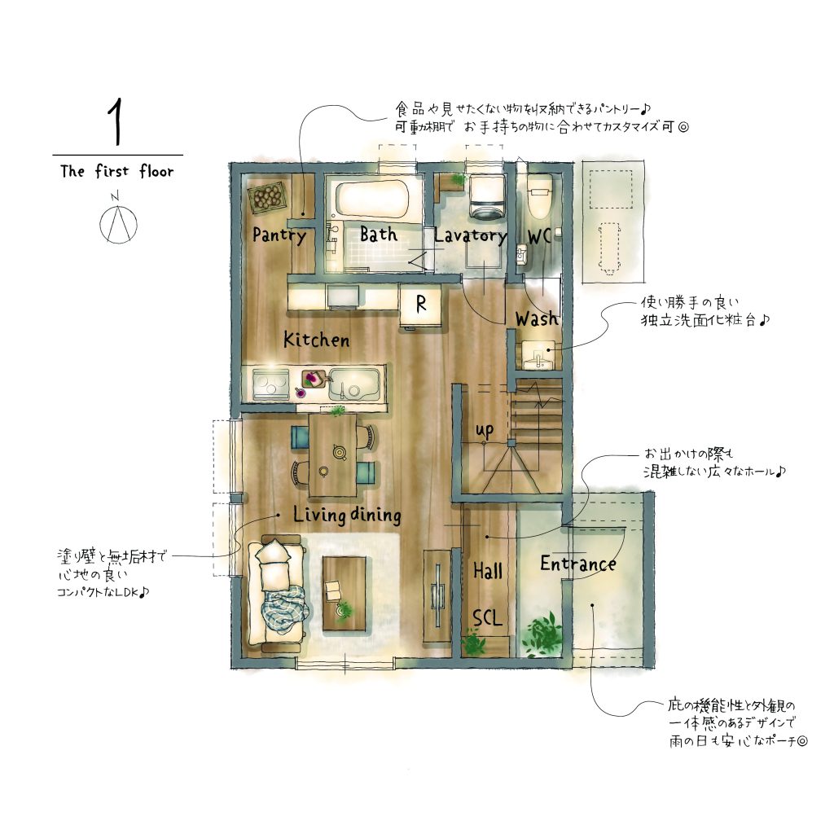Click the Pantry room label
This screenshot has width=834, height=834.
click(x=279, y=235)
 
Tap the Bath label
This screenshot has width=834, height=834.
click(x=378, y=234)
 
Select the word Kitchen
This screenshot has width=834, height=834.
click(x=316, y=340)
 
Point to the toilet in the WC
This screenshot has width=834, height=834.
click(x=539, y=195)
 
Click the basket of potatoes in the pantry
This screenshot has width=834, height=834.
click(x=267, y=198)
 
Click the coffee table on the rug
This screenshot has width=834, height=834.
click(x=345, y=593)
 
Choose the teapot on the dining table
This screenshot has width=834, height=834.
click(x=340, y=452)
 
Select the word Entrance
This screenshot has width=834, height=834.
click(x=578, y=564)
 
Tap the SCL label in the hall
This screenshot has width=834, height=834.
click(x=487, y=618)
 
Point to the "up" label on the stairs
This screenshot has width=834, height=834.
click(x=484, y=430)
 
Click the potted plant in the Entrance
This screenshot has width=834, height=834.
click(x=542, y=634)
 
